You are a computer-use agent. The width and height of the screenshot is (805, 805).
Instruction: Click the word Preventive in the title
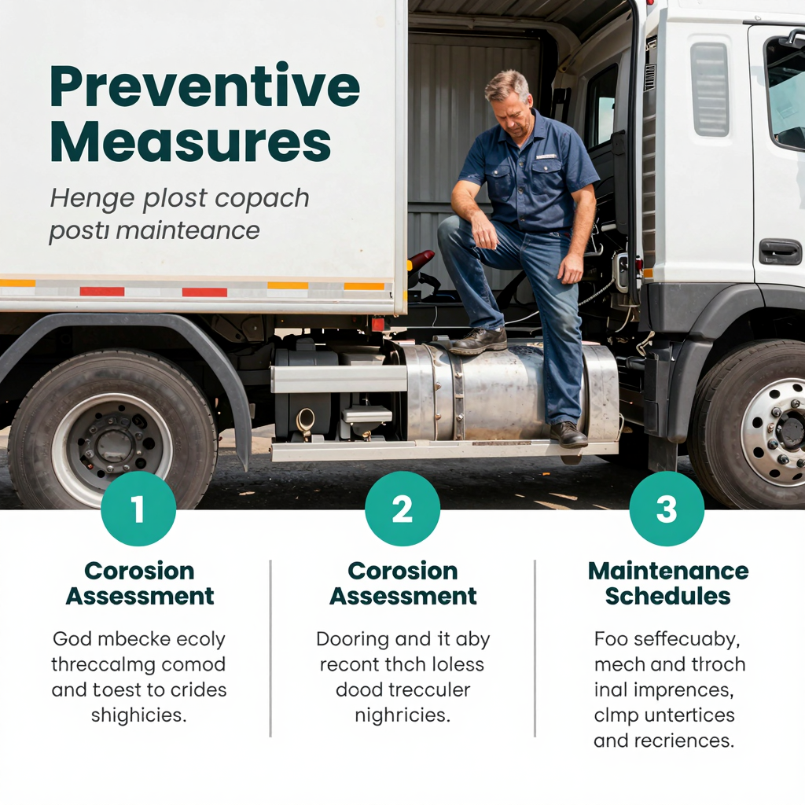click(204, 88)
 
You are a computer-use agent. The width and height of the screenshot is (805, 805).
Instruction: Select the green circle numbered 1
click(138, 509)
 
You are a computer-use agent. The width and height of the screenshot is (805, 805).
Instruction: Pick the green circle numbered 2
click(402, 509)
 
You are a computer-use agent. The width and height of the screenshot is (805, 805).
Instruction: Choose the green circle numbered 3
click(667, 509)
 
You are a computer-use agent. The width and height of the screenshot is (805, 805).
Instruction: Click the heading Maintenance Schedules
click(668, 583)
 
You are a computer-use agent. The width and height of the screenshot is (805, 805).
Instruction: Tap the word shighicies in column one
click(138, 715)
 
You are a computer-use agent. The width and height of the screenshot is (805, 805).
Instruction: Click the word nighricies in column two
click(402, 715)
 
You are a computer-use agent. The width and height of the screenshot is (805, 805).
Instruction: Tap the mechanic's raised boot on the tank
click(477, 340)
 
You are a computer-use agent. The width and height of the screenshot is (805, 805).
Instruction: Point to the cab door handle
click(780, 252)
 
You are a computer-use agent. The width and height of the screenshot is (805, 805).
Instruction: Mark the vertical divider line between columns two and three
click(535, 649)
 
